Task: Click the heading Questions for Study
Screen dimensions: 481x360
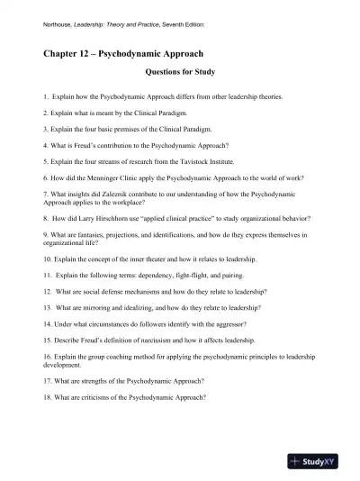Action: click(179, 73)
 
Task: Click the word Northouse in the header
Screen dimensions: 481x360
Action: click(59, 24)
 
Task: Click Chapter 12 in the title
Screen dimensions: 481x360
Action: click(68, 53)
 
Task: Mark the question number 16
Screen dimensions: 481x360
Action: click(48, 357)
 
